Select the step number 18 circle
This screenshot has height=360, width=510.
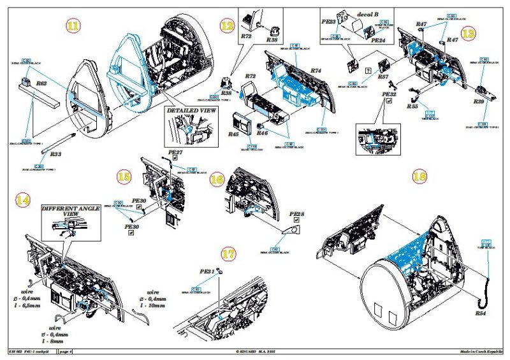(x=419, y=177)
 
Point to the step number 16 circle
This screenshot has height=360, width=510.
(x=217, y=180)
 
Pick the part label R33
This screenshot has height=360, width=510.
(x=55, y=154)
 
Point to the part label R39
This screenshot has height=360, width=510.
(x=479, y=101)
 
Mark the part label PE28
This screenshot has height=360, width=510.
(x=298, y=214)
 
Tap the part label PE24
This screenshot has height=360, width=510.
(x=379, y=40)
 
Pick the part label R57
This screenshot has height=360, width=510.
(x=383, y=77)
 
